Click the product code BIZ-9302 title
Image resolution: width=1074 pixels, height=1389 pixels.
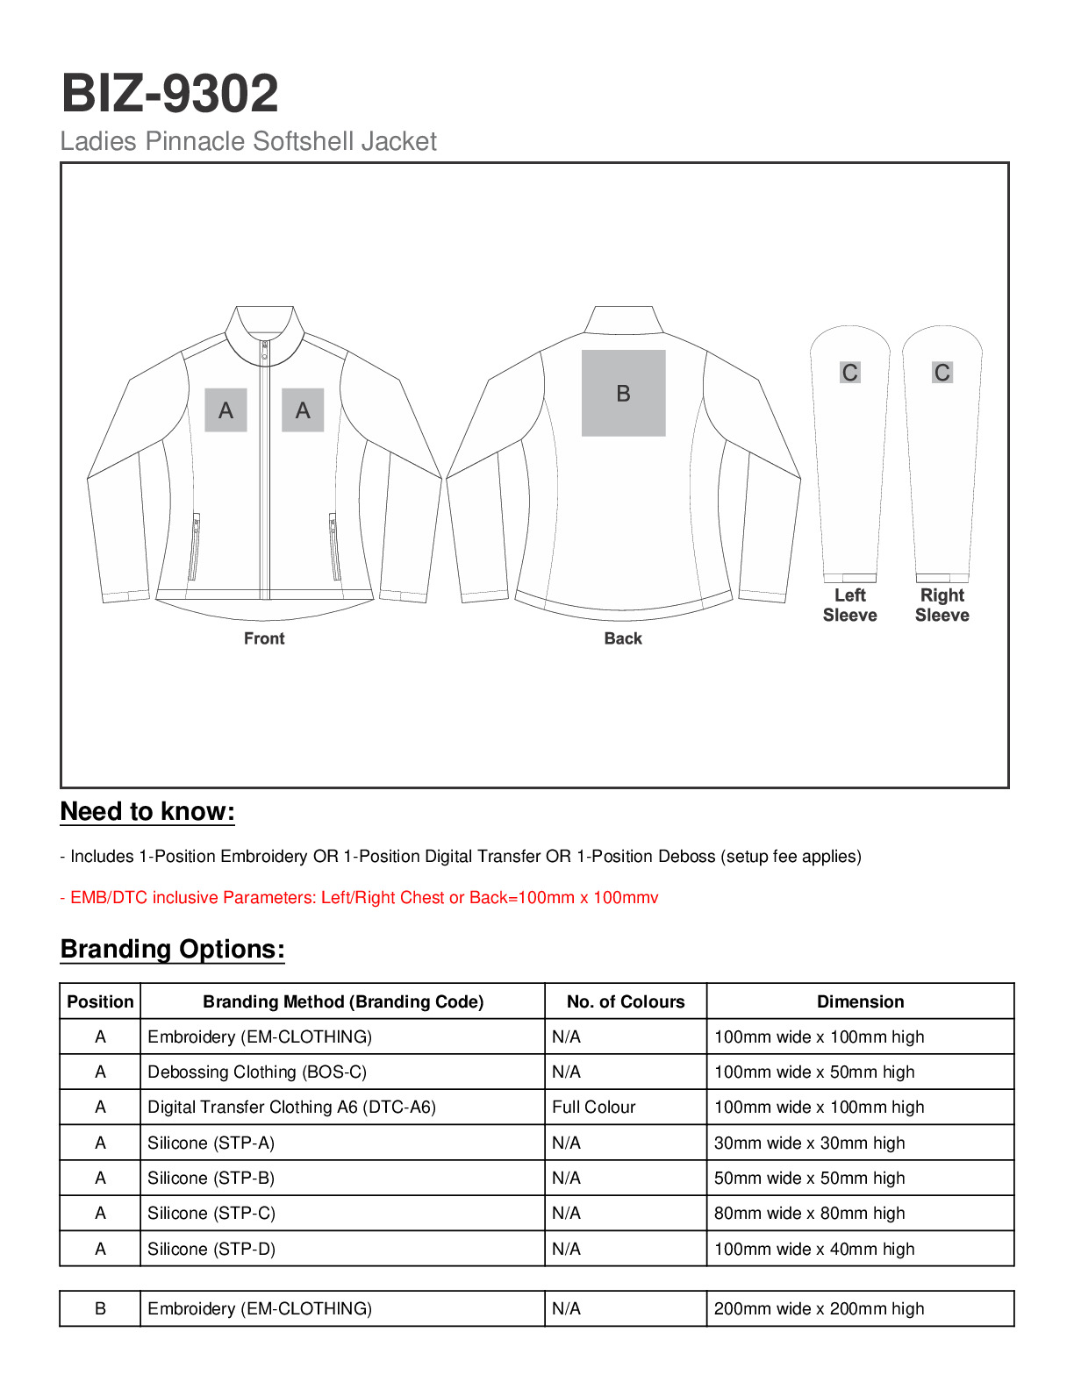pyautogui.click(x=169, y=94)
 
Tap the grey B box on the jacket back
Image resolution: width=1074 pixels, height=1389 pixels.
pyautogui.click(x=623, y=393)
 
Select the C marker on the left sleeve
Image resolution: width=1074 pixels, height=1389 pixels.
pyautogui.click(x=849, y=373)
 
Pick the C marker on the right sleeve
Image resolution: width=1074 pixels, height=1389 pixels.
pyautogui.click(x=942, y=373)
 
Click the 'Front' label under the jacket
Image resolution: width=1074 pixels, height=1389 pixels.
pyautogui.click(x=264, y=638)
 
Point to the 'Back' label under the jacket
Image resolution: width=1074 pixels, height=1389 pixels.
pyautogui.click(x=623, y=638)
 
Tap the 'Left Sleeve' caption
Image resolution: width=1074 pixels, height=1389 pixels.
pyautogui.click(x=849, y=605)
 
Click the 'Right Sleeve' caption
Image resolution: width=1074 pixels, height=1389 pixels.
pyautogui.click(x=942, y=605)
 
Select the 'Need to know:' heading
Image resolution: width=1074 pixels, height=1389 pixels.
pyautogui.click(x=147, y=812)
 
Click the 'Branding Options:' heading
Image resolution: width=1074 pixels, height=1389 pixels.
pyautogui.click(x=173, y=950)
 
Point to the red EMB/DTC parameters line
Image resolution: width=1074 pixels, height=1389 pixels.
pyautogui.click(x=359, y=898)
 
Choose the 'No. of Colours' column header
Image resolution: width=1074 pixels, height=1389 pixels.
pyautogui.click(x=626, y=1001)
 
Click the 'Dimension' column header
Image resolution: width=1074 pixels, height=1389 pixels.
pyautogui.click(x=860, y=1001)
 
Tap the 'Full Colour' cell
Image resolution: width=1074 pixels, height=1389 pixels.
pyautogui.click(x=594, y=1108)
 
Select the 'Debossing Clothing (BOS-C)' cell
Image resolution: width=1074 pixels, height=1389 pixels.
pyautogui.click(x=257, y=1072)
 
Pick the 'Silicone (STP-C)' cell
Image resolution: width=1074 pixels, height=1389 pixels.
pyautogui.click(x=211, y=1214)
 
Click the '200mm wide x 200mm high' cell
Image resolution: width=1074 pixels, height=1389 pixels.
pyautogui.click(x=819, y=1309)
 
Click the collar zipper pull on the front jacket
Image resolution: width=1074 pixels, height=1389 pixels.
pyautogui.click(x=264, y=353)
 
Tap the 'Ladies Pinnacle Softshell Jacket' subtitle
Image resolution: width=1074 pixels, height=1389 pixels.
pyautogui.click(x=248, y=141)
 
